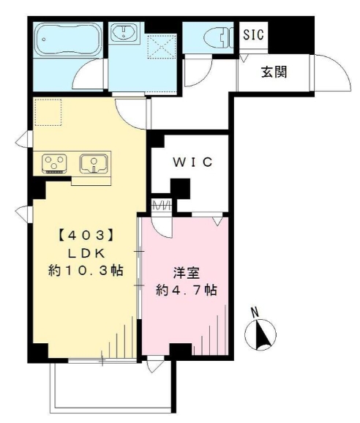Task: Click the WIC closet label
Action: tap(192, 162)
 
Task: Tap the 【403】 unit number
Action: tap(86, 236)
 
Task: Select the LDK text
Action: tap(87, 252)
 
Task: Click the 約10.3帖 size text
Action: tap(87, 270)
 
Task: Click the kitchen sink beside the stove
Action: tap(94, 162)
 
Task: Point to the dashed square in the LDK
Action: tap(50, 111)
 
